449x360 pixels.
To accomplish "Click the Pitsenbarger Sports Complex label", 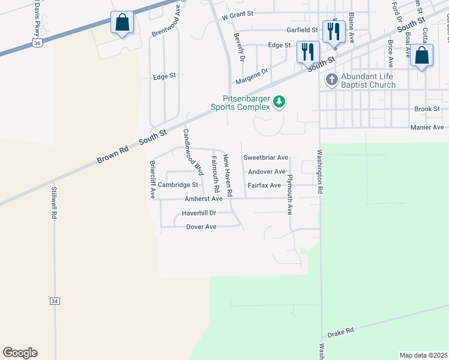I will click(241, 103).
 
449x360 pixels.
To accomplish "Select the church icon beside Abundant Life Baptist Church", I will click(331, 79).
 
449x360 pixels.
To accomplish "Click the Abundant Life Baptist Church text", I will click(368, 80).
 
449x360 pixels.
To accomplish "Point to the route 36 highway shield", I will click(37, 43).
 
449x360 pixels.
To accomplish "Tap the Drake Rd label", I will click(341, 331).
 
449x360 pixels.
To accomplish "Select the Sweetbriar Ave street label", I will click(266, 158).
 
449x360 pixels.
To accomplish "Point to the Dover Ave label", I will click(201, 227).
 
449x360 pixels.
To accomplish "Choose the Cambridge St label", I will click(178, 185).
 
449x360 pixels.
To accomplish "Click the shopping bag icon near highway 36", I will click(122, 24).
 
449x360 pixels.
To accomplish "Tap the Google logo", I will click(20, 353).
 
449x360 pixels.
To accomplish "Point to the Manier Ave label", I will click(426, 127).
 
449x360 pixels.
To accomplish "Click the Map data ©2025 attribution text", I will click(423, 355).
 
